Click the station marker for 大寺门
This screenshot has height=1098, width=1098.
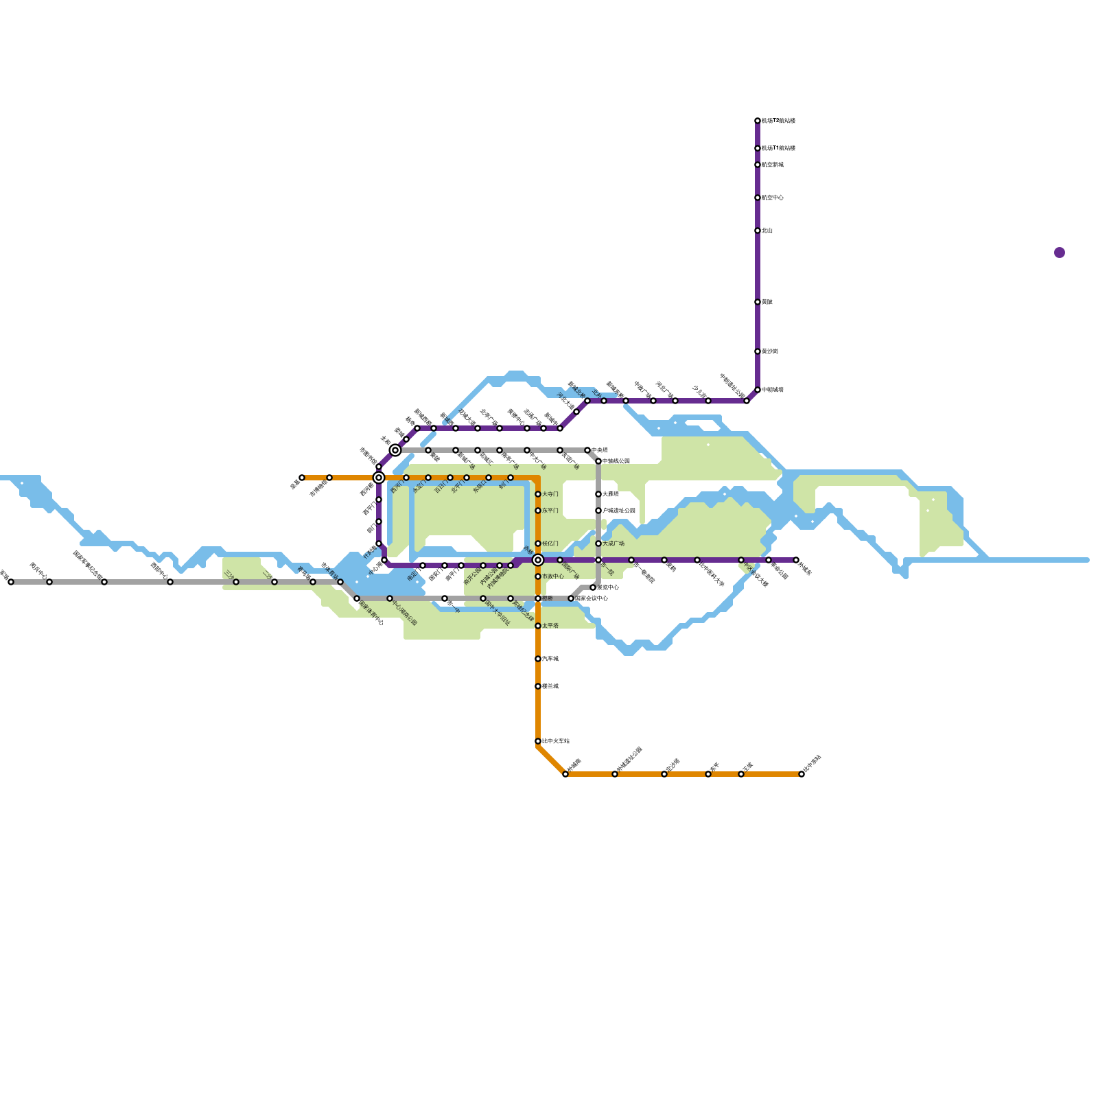(538, 494)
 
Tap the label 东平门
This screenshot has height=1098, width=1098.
(550, 511)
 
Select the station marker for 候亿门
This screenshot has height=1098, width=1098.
(538, 544)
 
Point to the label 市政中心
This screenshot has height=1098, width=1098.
(553, 576)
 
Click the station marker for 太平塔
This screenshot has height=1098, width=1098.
(538, 626)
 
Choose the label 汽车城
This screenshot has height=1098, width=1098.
(550, 659)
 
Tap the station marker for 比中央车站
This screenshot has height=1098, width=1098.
(538, 741)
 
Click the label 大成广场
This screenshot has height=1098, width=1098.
(614, 544)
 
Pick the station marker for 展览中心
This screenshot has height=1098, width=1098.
(593, 587)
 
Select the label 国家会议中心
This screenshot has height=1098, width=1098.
(592, 598)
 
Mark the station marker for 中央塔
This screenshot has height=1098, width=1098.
(587, 450)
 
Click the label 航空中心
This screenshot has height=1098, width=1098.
(773, 198)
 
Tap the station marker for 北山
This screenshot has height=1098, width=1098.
(758, 231)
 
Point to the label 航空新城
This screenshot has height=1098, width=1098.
(773, 165)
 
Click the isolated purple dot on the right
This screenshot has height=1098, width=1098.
(1060, 253)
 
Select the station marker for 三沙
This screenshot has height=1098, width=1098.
(236, 582)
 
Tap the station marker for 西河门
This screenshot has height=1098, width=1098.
(406, 478)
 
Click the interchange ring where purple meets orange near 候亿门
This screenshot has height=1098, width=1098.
(538, 560)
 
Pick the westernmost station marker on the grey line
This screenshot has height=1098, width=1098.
(11, 582)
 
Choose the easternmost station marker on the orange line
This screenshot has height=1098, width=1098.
(802, 774)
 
